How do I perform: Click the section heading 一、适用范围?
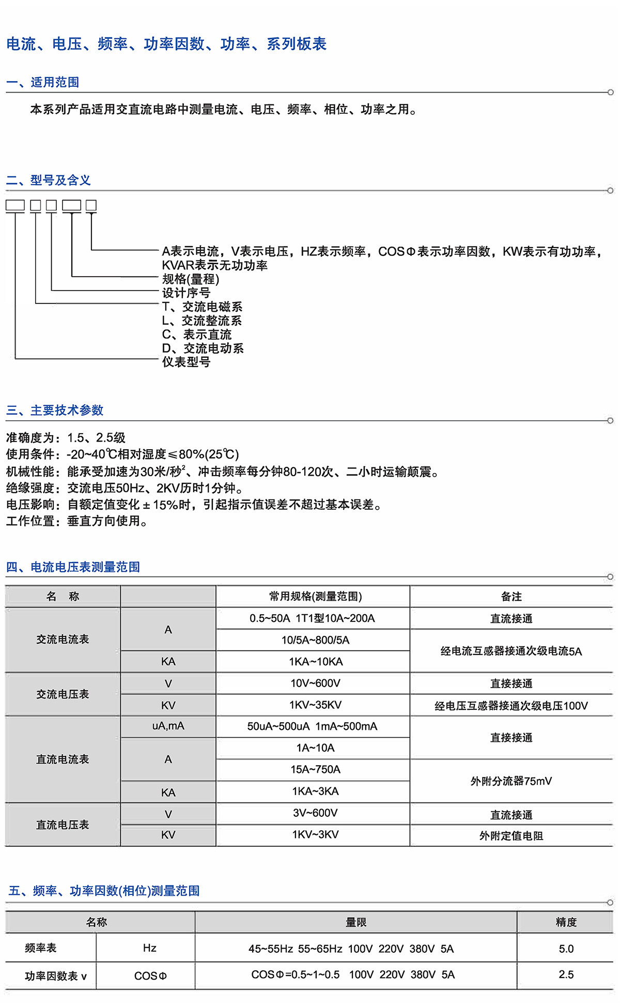coord(42,82)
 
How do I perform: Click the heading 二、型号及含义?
coord(49,180)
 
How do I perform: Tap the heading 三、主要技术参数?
coord(55,410)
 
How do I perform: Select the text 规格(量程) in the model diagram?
coord(191,279)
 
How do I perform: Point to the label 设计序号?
coord(186,293)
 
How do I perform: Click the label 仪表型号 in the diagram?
coord(186,362)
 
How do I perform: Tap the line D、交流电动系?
coord(203,348)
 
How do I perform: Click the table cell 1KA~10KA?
coord(315,662)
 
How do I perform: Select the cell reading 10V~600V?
coord(315,683)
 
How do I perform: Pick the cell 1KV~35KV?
coord(315,705)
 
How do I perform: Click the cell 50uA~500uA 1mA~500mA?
coord(312,726)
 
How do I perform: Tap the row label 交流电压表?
coord(63,694)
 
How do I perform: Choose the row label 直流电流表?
coord(63,759)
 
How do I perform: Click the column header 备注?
coord(511,597)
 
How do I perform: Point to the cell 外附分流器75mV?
coord(511,781)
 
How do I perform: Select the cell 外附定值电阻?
coord(511,836)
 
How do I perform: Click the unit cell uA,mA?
coord(168,726)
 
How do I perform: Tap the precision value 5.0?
coord(566,949)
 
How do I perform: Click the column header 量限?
coord(355,922)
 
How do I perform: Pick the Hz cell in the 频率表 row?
coord(149,948)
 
